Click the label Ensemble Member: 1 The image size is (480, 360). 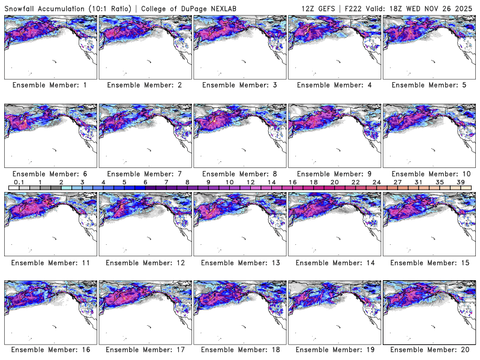click(x=50, y=85)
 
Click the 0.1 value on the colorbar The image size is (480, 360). click(x=19, y=182)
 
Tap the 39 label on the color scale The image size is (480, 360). click(x=460, y=182)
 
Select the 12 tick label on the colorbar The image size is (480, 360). click(x=250, y=182)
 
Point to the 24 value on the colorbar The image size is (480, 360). click(x=376, y=182)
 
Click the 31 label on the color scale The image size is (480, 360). click(x=418, y=182)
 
